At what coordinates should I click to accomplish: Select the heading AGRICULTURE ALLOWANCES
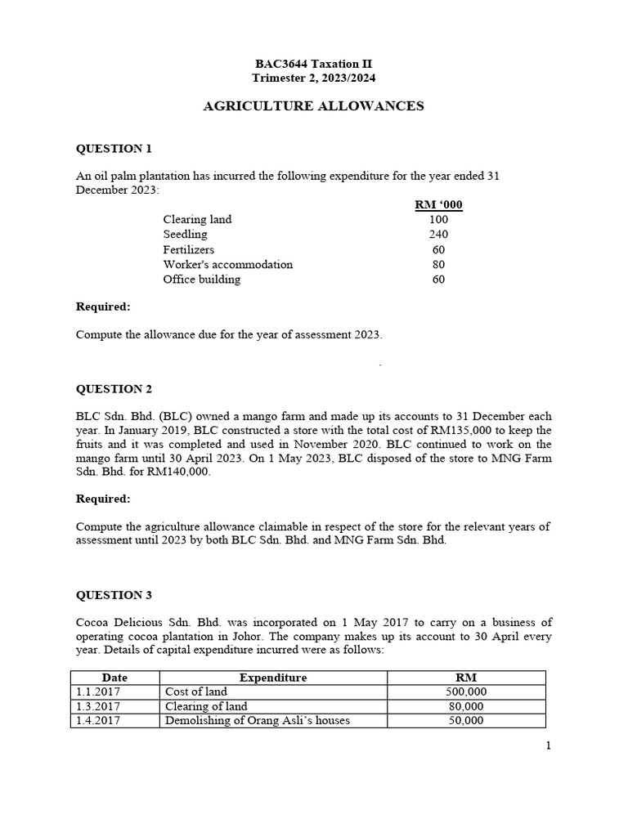click(x=313, y=105)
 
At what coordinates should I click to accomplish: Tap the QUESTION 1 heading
click(x=114, y=149)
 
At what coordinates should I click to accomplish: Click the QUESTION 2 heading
click(x=114, y=389)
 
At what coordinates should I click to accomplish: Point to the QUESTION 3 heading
click(x=114, y=595)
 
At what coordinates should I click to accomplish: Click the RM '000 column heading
click(x=439, y=204)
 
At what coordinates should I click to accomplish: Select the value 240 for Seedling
click(x=438, y=235)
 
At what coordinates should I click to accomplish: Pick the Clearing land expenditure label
click(x=197, y=219)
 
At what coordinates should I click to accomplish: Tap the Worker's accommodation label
click(x=227, y=264)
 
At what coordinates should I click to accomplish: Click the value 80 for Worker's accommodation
click(x=438, y=264)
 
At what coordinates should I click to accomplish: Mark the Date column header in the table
click(x=114, y=678)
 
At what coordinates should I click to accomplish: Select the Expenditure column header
click(x=273, y=678)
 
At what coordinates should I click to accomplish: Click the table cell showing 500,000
click(x=465, y=692)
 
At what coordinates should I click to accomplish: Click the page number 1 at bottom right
click(x=548, y=745)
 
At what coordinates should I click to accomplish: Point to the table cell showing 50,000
click(x=465, y=721)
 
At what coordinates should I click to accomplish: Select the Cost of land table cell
click(x=196, y=692)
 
